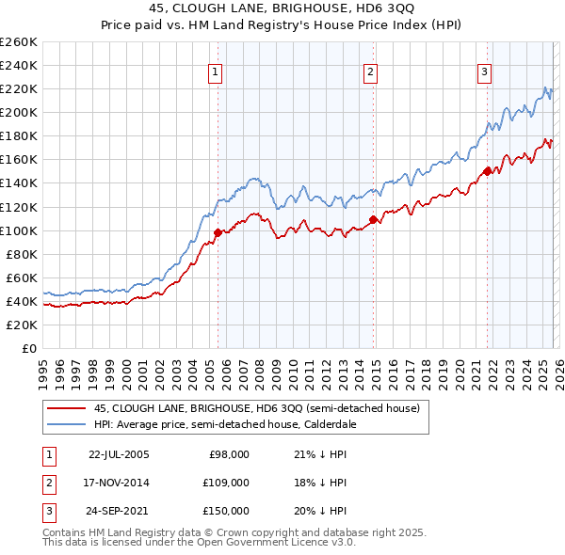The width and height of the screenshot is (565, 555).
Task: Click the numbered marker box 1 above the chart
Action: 215,71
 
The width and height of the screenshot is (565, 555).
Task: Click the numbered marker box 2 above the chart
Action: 371,71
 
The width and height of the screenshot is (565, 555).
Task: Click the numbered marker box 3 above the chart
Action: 484,71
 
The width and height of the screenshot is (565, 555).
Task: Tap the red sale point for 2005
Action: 218,232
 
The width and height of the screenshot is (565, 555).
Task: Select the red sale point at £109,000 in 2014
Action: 373,219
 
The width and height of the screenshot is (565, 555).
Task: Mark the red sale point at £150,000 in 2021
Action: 487,171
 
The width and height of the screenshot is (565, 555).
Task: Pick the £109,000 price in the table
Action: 227,482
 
